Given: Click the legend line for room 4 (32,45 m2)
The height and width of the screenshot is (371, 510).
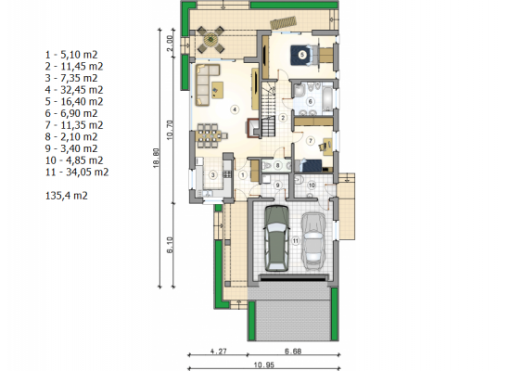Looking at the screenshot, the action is click(74, 90).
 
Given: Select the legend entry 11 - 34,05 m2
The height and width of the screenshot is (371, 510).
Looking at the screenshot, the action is click(77, 172).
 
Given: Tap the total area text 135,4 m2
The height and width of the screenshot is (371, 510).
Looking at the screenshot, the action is click(67, 196).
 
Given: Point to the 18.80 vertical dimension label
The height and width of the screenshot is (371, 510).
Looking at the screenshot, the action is click(156, 159).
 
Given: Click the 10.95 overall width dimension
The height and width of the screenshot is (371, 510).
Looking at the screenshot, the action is click(263, 365).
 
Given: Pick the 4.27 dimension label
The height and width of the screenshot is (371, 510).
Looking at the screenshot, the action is click(219, 352).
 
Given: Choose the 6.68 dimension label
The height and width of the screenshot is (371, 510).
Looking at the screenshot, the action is click(293, 352).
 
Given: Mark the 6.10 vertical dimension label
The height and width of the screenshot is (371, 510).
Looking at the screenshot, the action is click(170, 245).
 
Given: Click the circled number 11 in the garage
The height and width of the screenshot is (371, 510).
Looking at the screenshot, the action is click(296, 241).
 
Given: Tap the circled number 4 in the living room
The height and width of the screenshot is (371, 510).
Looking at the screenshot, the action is click(235, 109).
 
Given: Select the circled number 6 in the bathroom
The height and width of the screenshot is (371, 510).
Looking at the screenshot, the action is click(310, 102).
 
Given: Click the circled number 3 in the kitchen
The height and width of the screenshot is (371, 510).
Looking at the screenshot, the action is click(213, 175).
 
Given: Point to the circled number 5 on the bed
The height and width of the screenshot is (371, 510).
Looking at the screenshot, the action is click(302, 55).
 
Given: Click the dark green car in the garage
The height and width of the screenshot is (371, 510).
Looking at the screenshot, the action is click(276, 238).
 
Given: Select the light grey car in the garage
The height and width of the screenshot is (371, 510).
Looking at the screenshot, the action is click(312, 241).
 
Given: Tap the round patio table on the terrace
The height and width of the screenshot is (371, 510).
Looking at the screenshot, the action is click(210, 40).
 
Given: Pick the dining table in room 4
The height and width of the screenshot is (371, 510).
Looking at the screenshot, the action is click(209, 135).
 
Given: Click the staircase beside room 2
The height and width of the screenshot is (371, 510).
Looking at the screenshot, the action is click(268, 109).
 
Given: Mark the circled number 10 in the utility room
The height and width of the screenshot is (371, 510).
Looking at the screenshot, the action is click(312, 185).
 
